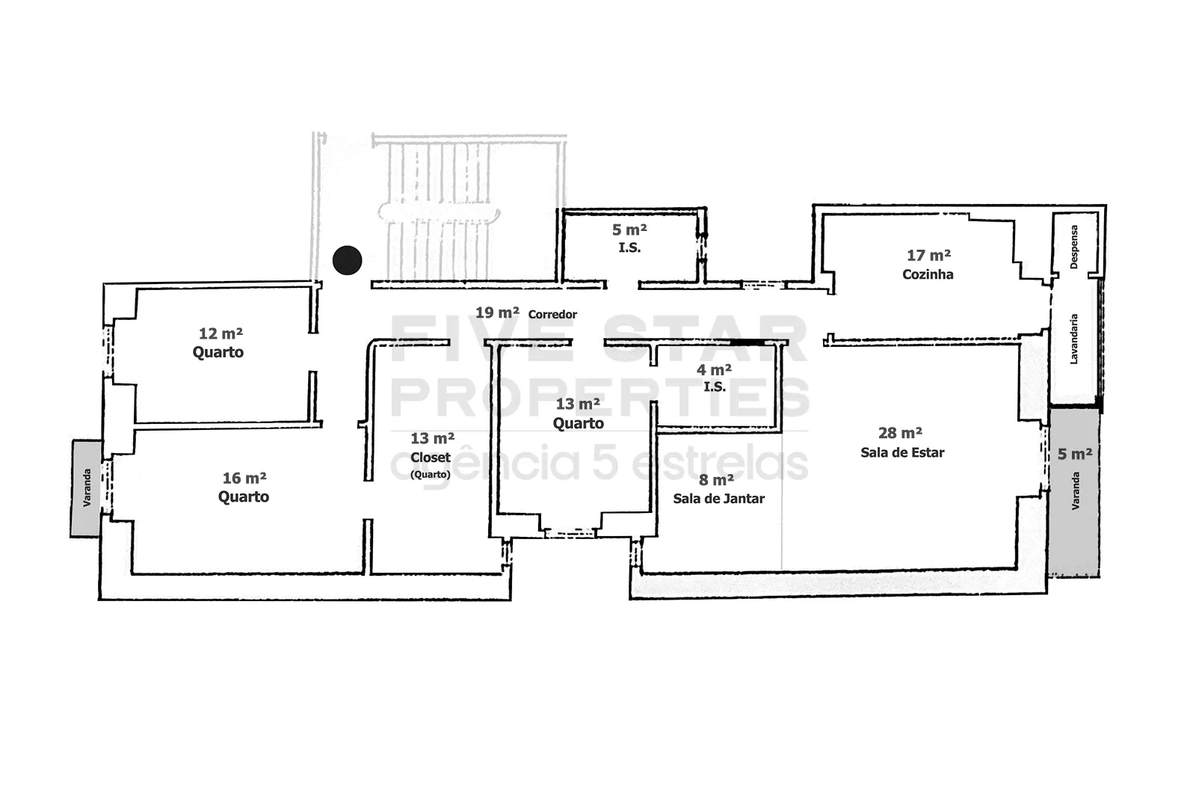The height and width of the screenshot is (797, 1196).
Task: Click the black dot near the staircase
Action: pos(347,260)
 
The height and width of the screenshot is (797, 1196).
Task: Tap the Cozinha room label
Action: pos(928,274)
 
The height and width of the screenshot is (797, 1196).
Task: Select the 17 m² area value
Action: pos(928,256)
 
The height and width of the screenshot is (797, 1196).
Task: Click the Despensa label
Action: pos(1074,247)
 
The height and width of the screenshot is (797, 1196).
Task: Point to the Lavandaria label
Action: pos(1073,339)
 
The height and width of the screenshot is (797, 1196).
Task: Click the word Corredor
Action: pos(552,314)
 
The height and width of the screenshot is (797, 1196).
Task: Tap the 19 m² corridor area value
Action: pos(497,313)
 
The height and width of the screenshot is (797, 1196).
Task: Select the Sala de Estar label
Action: pos(902,452)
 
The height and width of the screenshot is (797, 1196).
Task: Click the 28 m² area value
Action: pos(900,433)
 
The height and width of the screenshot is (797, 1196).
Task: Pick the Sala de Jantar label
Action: pos(718,499)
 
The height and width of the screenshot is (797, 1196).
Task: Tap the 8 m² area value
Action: pos(716,480)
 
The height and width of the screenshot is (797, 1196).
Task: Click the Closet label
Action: pos(431,458)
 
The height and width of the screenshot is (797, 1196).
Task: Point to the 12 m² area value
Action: pos(221,333)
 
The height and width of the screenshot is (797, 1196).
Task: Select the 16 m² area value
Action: pos(244,478)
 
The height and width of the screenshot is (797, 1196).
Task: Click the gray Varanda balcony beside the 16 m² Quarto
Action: pos(86,488)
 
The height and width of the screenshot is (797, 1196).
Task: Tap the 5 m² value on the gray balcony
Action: pos(1074,454)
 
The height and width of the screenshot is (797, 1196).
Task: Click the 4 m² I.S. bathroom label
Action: pos(714,378)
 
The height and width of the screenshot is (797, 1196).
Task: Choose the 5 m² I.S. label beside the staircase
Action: pos(629,239)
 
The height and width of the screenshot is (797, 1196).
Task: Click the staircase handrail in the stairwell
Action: pos(439,212)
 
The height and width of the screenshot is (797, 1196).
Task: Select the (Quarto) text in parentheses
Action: pos(431,474)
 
